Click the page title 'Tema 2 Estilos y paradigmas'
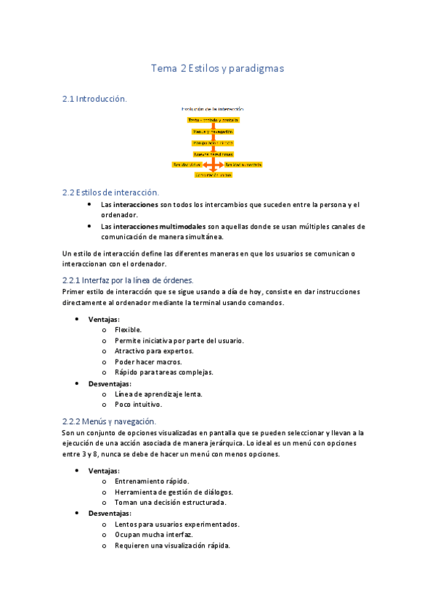[216, 68]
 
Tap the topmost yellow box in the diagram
[213, 120]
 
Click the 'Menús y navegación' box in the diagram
[213, 131]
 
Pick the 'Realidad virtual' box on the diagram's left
[187, 165]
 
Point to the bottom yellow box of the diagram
[213, 175]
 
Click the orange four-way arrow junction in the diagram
[213, 165]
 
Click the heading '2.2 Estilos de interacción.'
[110, 192]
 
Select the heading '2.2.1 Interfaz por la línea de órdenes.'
[128, 280]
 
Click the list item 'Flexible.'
[128, 330]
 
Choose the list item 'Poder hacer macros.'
[148, 362]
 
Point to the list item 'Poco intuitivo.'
[138, 405]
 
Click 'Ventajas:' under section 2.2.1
[104, 320]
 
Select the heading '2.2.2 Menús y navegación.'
[110, 421]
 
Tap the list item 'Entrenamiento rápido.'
[152, 481]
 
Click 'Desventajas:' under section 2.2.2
[110, 513]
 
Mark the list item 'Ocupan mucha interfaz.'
[153, 535]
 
